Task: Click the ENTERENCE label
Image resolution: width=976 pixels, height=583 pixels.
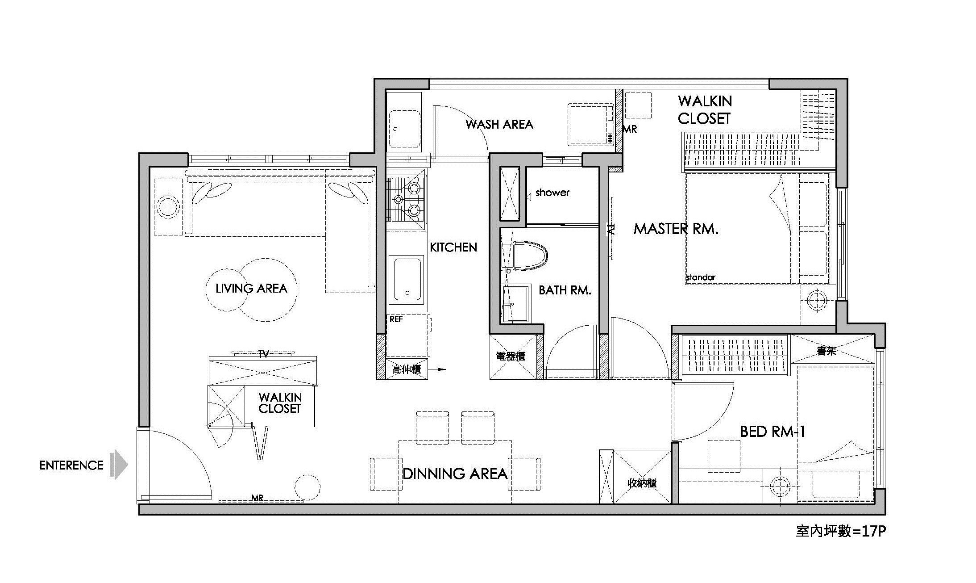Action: (x=71, y=466)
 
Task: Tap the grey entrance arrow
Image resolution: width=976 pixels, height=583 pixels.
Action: (x=119, y=465)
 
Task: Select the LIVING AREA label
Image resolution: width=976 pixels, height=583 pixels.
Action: (x=251, y=289)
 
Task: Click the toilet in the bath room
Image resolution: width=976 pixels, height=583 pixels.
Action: (x=530, y=256)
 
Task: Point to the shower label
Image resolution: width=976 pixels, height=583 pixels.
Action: (x=552, y=193)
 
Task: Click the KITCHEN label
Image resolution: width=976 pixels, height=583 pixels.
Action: (x=453, y=247)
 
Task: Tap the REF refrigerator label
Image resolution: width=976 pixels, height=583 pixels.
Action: (x=396, y=319)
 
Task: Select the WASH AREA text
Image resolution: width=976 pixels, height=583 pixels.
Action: (x=499, y=124)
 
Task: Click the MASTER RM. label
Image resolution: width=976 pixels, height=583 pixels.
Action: (x=676, y=229)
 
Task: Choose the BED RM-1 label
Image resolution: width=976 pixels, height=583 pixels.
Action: (x=772, y=432)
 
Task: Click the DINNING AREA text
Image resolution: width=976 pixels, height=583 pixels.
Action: (x=455, y=474)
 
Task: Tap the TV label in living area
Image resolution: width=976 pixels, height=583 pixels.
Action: (x=263, y=355)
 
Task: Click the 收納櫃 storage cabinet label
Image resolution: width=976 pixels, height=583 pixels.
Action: (x=642, y=483)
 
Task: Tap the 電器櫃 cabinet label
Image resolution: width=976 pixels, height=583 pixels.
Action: (x=511, y=356)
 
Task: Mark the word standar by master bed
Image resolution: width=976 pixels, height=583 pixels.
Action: (x=701, y=277)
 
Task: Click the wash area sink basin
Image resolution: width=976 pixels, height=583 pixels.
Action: (x=404, y=129)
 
